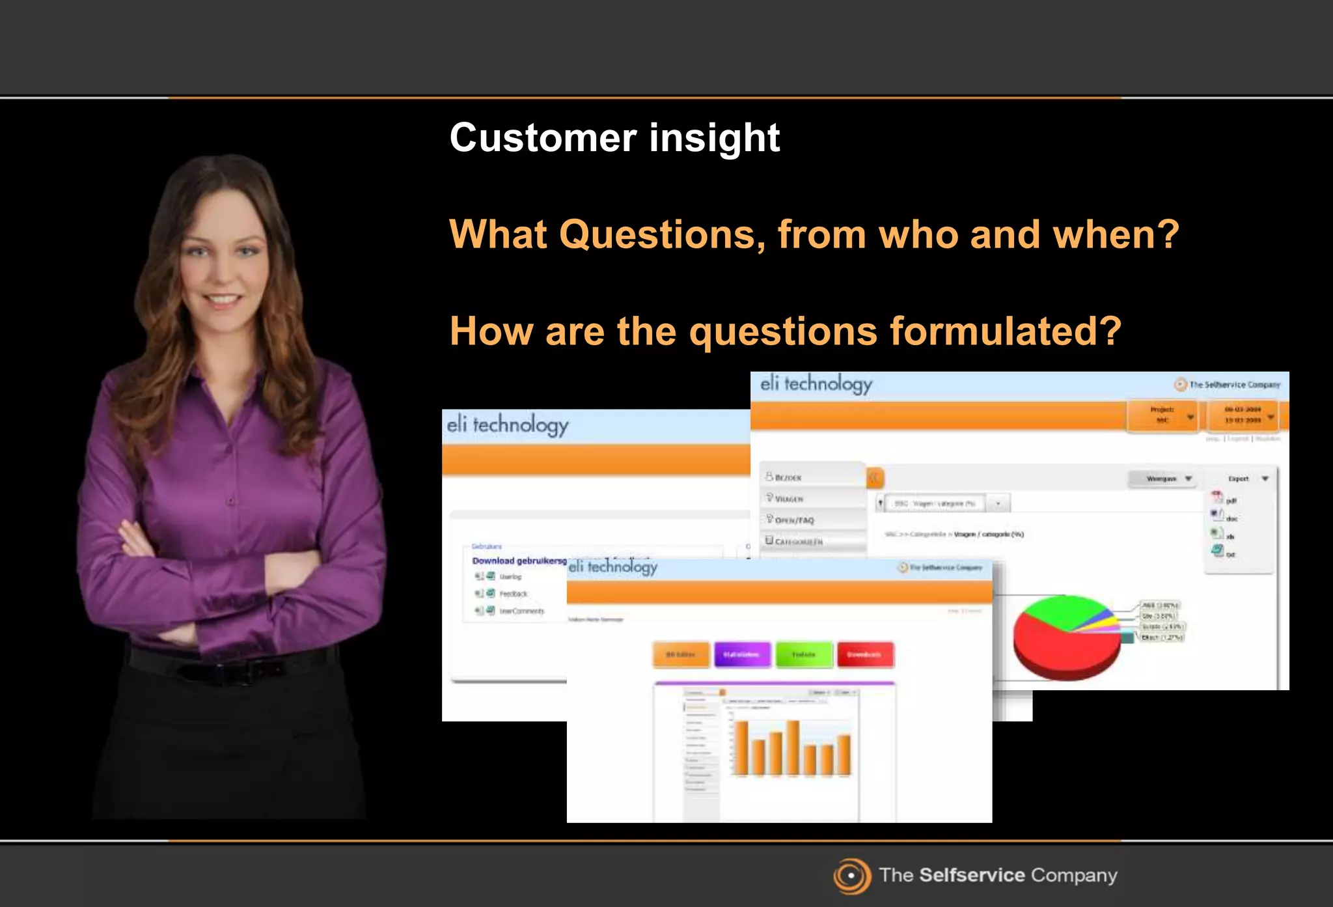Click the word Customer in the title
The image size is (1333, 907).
[x=543, y=138]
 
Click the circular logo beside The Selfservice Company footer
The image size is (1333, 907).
[x=851, y=876]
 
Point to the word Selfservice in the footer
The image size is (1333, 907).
[x=972, y=875]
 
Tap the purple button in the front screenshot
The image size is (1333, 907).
[x=741, y=654]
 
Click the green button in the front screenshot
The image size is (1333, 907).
[x=803, y=654]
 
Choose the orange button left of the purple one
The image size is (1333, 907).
[x=680, y=654]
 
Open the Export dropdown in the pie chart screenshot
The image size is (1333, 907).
[x=1247, y=479]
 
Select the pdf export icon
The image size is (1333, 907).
[x=1218, y=498]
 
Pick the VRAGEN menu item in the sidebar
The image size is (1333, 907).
[x=789, y=499]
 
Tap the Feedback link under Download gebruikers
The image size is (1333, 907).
[x=513, y=594]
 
